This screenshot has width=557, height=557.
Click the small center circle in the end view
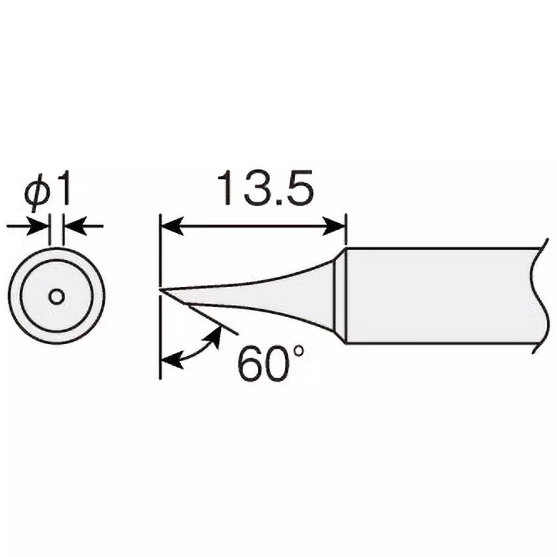pos(57,296)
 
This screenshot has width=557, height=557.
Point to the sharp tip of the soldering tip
pos(162,290)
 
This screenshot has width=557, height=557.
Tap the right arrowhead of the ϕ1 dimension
pos(74,227)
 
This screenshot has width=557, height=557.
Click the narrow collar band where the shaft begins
pos(340,296)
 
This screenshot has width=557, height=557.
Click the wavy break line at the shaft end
pos(542,296)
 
